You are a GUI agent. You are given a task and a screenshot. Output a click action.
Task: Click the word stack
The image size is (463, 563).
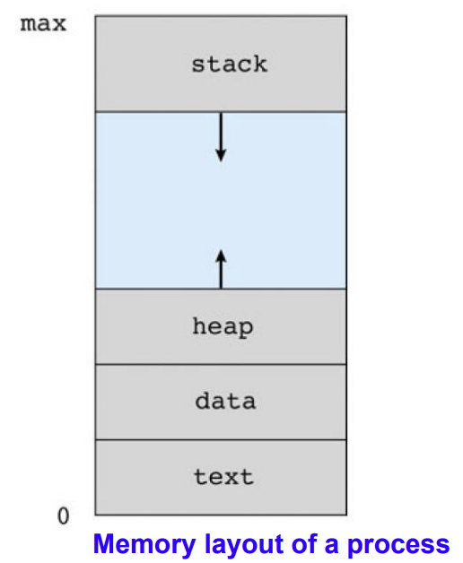tap(230, 65)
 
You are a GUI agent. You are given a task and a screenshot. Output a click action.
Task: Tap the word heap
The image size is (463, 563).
tap(223, 327)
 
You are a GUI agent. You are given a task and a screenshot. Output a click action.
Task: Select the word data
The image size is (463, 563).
tap(225, 401)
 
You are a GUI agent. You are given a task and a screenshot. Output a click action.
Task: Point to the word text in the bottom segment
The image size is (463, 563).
tap(224, 477)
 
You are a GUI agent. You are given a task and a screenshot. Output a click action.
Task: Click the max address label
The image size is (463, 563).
tap(43, 24)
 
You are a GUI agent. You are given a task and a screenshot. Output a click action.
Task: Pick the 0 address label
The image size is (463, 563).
tap(64, 516)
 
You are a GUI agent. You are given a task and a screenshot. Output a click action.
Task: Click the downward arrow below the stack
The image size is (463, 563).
tap(221, 137)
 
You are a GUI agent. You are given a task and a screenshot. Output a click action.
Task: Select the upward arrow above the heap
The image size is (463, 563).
tap(221, 269)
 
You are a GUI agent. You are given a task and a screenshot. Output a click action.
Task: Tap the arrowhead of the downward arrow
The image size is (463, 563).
tap(221, 156)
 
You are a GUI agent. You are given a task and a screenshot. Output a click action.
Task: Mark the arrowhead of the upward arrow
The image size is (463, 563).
tap(221, 256)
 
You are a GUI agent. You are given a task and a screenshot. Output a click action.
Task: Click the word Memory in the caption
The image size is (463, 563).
tap(144, 544)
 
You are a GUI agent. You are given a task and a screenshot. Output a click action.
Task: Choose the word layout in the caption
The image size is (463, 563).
tap(245, 544)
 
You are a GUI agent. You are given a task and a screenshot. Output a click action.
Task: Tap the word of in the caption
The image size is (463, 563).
tap(304, 543)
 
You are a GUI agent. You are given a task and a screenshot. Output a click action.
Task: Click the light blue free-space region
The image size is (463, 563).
tap(221, 201)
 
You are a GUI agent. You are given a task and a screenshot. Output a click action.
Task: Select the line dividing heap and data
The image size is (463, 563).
tap(221, 365)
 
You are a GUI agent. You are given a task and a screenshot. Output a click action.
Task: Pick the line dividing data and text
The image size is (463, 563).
tap(221, 440)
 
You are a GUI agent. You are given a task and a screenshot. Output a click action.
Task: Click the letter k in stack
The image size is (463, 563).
tap(260, 64)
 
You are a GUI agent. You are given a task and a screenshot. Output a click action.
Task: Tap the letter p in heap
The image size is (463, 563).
tap(246, 329)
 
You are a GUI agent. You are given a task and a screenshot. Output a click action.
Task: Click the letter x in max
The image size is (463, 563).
tap(59, 24)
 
